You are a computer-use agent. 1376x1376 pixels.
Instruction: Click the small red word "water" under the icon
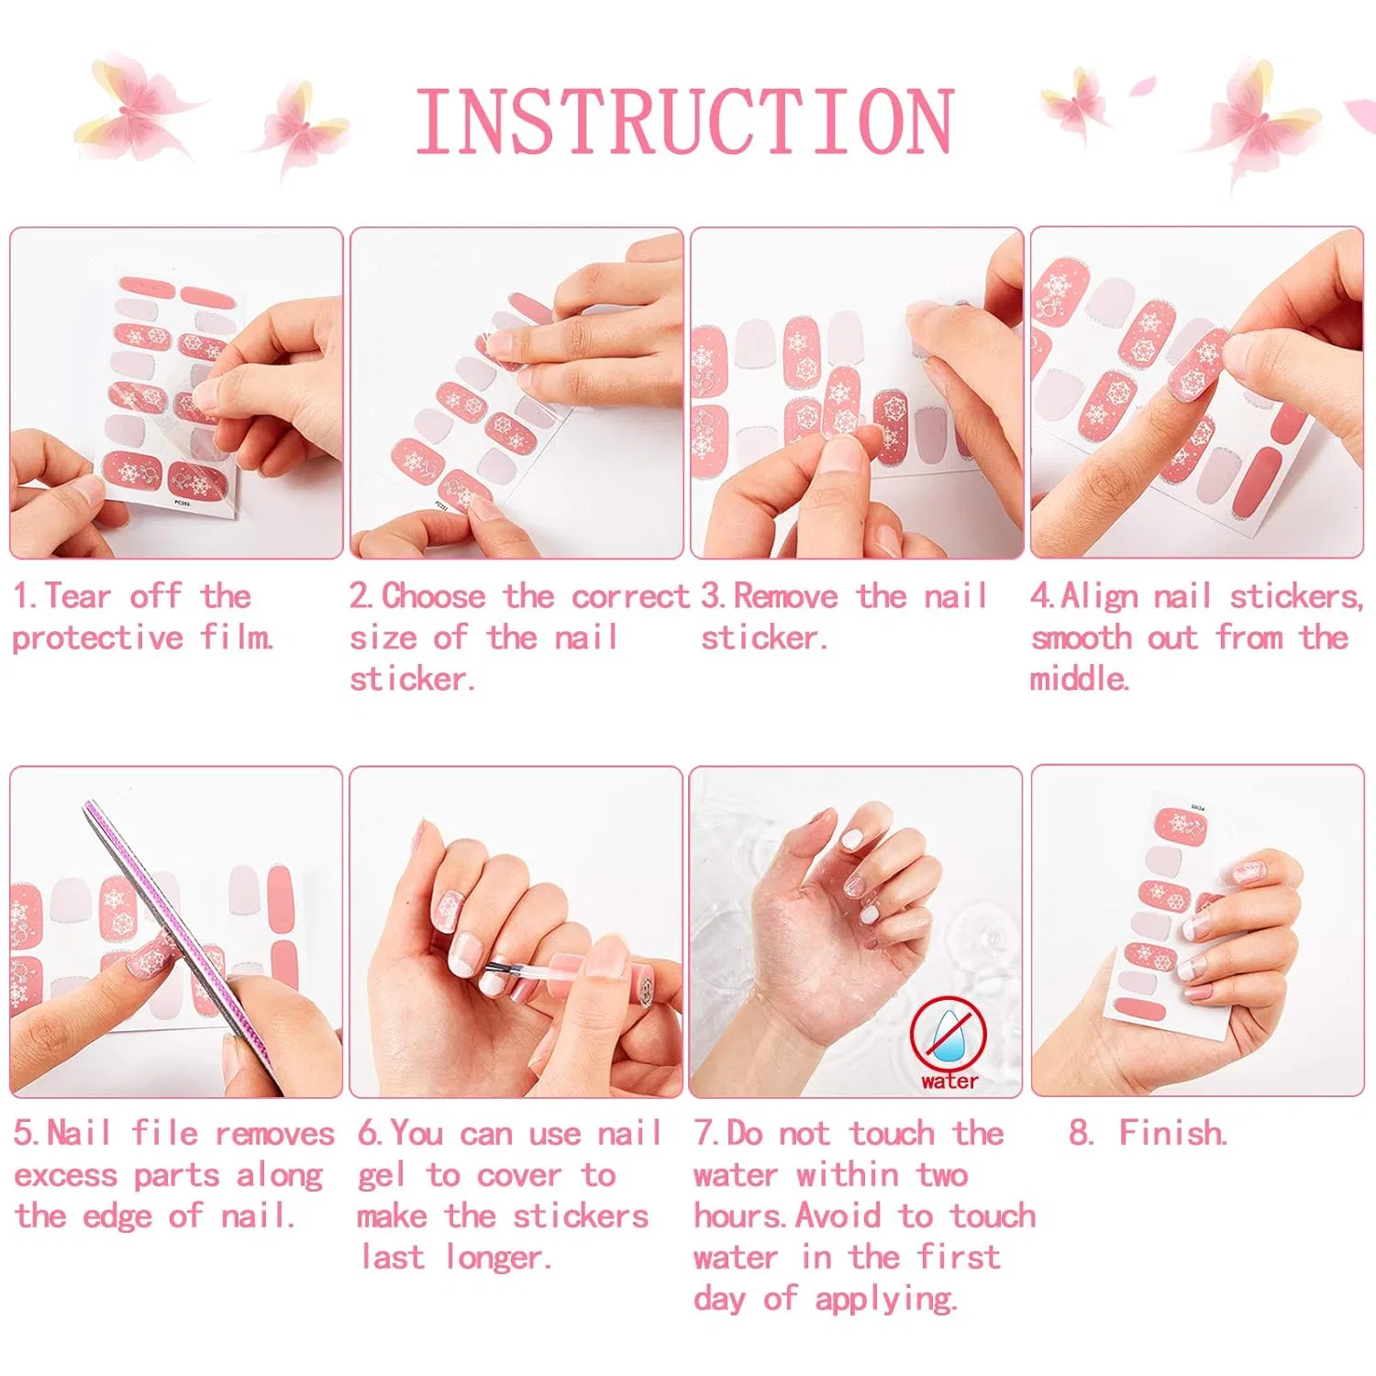(x=949, y=1082)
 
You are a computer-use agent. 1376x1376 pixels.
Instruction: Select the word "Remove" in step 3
(x=785, y=596)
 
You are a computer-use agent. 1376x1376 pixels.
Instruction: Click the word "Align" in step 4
(x=1099, y=597)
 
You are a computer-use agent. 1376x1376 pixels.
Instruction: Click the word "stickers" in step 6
(x=581, y=1216)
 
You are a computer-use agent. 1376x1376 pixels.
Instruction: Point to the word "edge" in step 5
(x=117, y=1218)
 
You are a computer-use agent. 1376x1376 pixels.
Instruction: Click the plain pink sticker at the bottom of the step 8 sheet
(x=1140, y=1011)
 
